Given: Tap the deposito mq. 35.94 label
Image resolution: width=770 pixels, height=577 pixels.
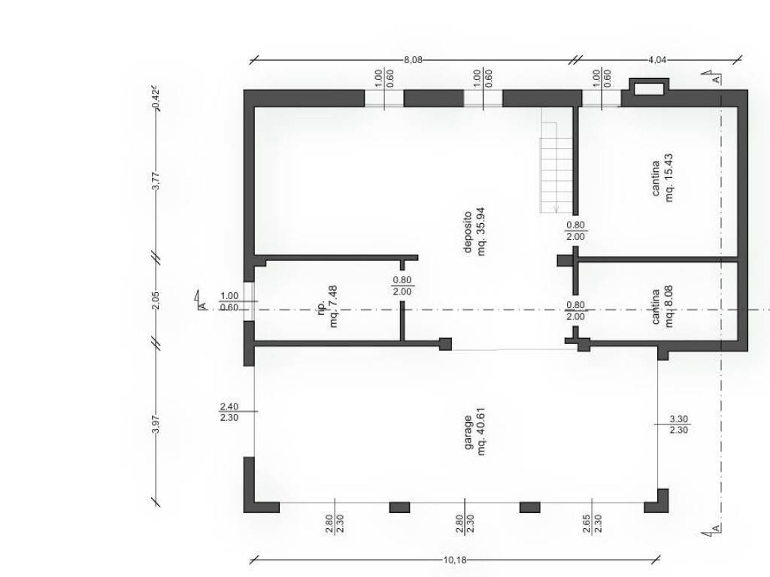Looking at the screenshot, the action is (475, 231).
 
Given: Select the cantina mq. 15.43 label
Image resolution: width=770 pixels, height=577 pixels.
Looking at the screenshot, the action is (662, 177).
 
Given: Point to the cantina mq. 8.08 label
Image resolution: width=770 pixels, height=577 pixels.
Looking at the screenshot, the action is (662, 307).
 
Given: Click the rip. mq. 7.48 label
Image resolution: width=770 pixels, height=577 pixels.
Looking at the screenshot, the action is (328, 307).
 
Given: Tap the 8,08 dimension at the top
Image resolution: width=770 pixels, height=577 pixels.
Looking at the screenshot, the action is (413, 60).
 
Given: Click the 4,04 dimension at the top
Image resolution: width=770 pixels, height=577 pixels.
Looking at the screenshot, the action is (657, 60).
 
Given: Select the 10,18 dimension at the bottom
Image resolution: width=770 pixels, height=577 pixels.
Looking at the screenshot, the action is (455, 560).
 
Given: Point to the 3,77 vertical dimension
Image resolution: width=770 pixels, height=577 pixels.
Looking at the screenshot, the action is (156, 180).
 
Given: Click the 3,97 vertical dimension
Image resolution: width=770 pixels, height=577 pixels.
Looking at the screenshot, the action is (156, 424).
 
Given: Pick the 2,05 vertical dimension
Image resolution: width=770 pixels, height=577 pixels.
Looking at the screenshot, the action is (156, 300).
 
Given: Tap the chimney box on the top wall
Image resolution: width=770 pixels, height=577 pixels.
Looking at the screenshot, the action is (649, 88).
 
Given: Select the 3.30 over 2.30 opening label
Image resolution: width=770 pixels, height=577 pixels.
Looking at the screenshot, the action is (679, 424).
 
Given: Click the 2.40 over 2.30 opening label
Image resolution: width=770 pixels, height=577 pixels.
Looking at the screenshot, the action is (229, 412).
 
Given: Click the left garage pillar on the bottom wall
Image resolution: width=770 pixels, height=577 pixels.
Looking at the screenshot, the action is (400, 507).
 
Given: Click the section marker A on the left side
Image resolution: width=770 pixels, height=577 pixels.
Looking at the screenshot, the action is (200, 301).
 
